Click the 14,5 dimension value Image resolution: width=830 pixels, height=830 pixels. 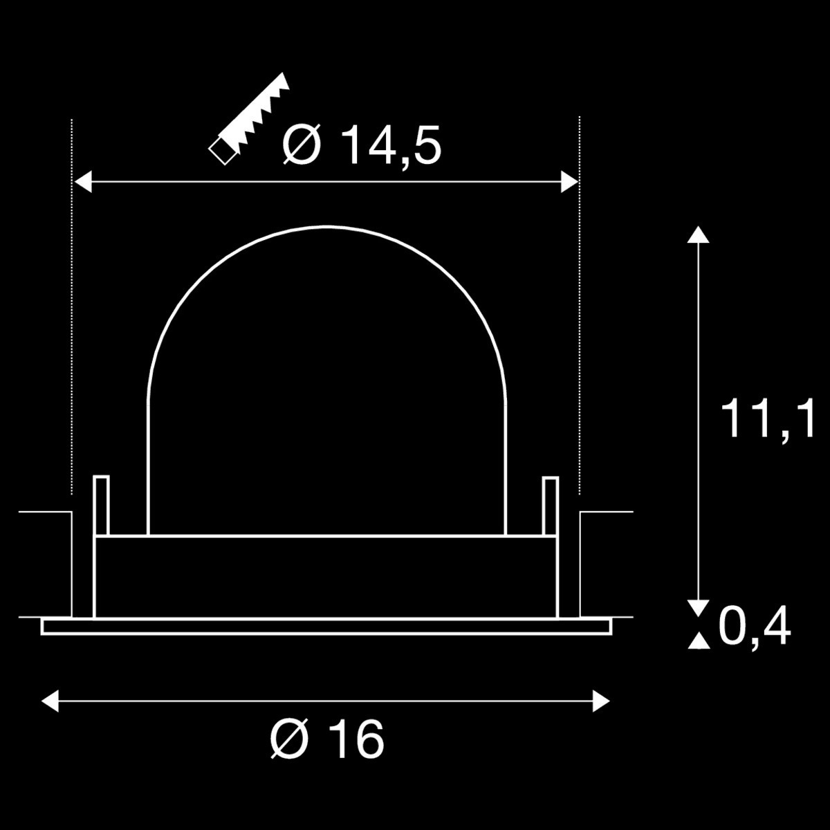coord(391,145)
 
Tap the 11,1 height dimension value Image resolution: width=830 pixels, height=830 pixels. coord(768,418)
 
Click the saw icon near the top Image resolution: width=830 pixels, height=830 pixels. coord(248,118)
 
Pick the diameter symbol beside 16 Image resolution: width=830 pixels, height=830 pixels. coord(289,738)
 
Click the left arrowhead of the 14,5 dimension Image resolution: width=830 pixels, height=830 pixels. coord(83,181)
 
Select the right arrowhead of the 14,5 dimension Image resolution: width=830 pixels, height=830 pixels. coord(569,181)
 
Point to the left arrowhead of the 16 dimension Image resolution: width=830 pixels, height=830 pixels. coord(50,701)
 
